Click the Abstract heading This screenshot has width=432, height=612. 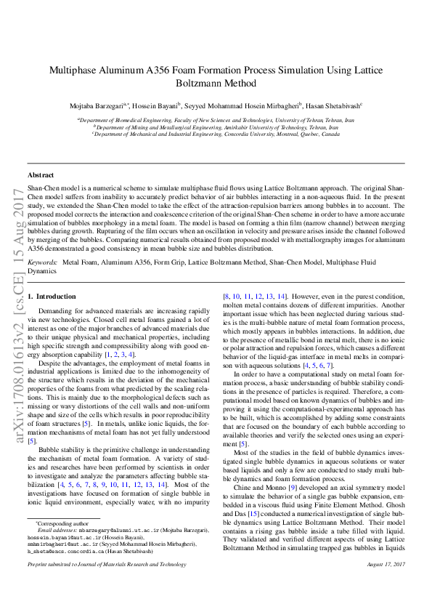[41, 175]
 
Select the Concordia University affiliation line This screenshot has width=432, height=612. [216, 134]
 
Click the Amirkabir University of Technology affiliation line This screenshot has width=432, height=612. [216, 126]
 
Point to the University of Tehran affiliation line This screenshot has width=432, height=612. [216, 119]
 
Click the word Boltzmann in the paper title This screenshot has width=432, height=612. [216, 84]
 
